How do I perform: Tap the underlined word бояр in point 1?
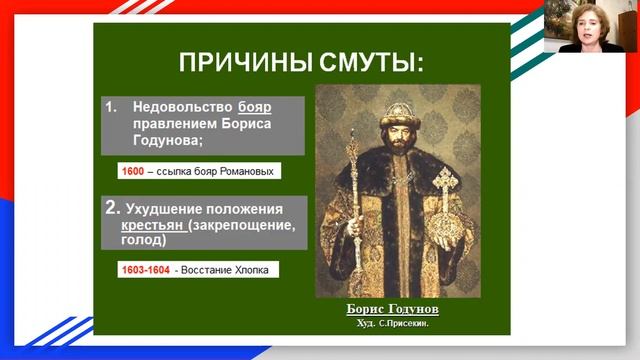click(x=255, y=105)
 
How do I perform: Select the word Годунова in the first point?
click(x=151, y=141)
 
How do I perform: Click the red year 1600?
click(x=133, y=171)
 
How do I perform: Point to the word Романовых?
click(x=242, y=171)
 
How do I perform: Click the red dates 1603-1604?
click(x=144, y=270)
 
